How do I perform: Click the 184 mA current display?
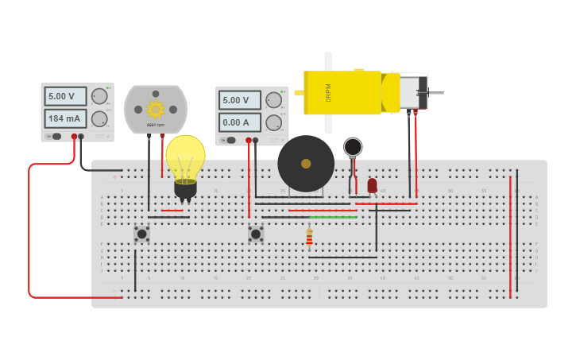pos(64,119)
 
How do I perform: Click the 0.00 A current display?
pos(239,122)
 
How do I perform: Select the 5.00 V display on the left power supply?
pos(64,96)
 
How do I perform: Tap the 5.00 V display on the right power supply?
pos(239,100)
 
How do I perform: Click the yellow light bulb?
pos(185,157)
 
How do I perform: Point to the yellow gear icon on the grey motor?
pos(155,109)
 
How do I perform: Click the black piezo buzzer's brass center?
pos(306,163)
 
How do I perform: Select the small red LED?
pos(372,185)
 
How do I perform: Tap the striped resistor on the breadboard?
pos(309,237)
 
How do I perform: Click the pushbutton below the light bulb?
pos(141,234)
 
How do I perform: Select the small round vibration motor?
pos(353,147)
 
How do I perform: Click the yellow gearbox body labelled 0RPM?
pos(342,93)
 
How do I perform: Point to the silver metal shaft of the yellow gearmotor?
pos(436,93)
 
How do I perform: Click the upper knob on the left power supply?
pos(99,96)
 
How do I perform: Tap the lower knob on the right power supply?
pos(274,122)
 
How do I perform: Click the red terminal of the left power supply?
pos(74,137)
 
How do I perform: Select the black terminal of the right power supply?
pos(255,141)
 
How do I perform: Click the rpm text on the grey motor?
pos(155,125)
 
